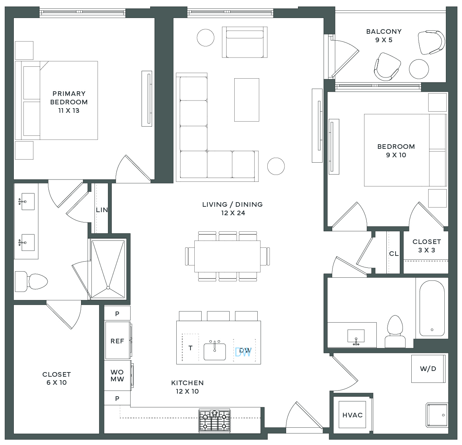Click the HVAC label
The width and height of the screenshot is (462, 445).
(352, 415)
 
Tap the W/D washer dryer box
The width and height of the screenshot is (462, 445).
(428, 369)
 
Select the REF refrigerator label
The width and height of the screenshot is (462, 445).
(117, 341)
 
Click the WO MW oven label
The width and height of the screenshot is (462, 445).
(117, 376)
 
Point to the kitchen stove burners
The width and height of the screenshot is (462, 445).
(215, 421)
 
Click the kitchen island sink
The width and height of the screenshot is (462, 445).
(215, 352)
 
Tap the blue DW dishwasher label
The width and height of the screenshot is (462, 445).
(243, 353)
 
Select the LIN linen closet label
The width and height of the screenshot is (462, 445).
(102, 210)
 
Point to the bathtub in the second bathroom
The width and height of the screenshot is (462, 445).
(432, 308)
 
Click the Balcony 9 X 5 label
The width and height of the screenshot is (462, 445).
(384, 36)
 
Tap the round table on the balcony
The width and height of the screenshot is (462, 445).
(419, 69)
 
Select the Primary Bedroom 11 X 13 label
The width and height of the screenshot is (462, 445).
(69, 102)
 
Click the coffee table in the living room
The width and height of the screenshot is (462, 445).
(247, 100)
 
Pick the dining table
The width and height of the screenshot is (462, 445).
(227, 256)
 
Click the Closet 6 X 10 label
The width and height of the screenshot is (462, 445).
(56, 378)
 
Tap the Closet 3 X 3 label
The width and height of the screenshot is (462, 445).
(427, 246)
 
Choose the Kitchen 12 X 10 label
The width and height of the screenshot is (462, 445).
(187, 387)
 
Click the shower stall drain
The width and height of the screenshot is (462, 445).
(108, 288)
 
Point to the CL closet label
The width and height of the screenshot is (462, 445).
(394, 254)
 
